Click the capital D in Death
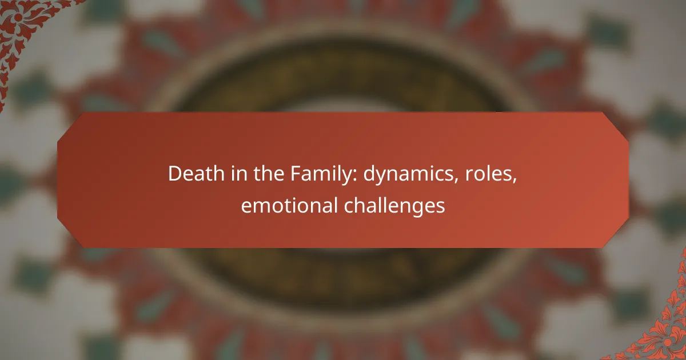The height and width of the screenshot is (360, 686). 174,175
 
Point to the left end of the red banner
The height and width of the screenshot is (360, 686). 61,180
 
